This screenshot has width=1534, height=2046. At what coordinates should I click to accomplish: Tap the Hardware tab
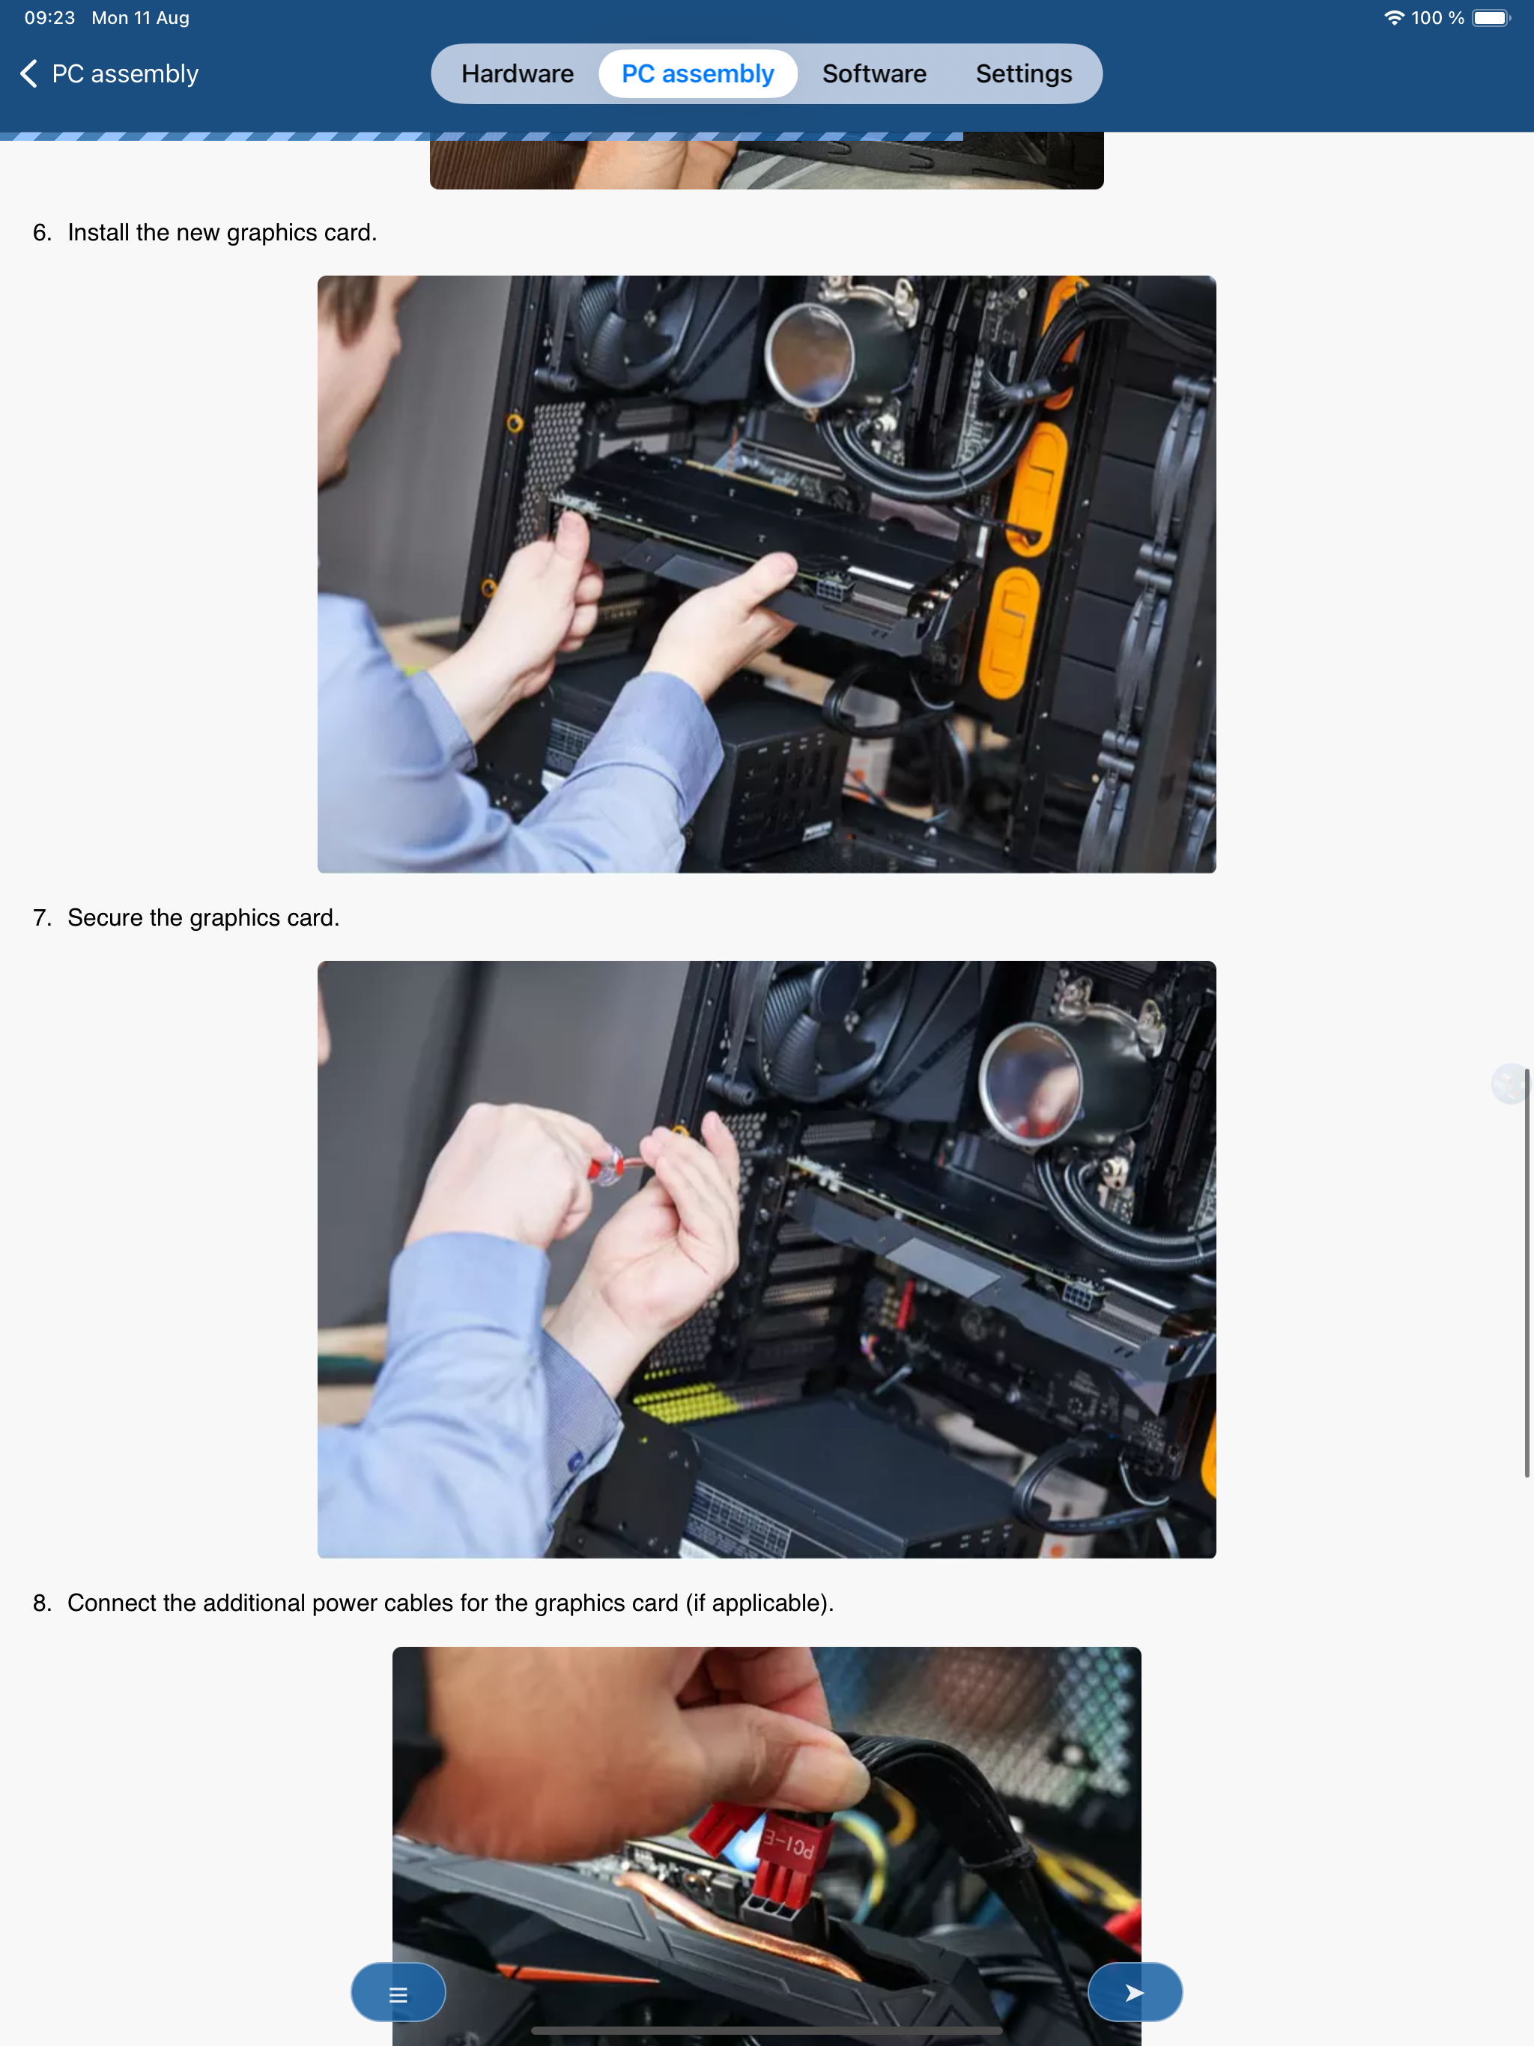coord(517,74)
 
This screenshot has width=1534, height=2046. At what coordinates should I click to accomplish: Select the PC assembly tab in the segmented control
coord(697,74)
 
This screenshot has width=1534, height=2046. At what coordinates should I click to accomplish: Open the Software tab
coord(874,74)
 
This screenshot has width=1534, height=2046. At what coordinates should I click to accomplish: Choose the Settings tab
coord(1023,74)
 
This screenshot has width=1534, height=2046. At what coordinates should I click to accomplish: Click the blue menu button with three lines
coord(398,1992)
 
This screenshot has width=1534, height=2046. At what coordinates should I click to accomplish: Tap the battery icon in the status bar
coord(1491,17)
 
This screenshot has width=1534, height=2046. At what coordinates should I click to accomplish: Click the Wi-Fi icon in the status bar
coord(1393,17)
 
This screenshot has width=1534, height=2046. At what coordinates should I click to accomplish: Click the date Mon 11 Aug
coord(141,17)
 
